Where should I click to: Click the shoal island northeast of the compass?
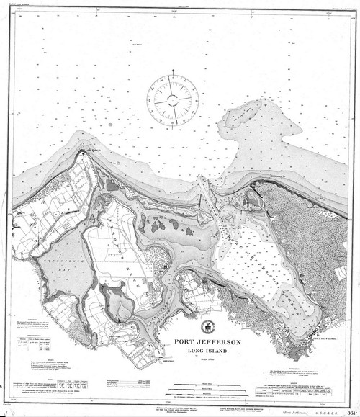point(248,112)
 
